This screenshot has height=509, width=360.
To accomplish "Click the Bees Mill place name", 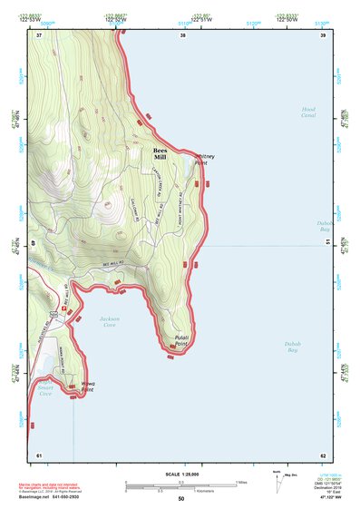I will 160,153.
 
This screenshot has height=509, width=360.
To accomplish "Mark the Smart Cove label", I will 45,391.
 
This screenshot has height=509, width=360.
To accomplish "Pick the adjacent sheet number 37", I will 39,35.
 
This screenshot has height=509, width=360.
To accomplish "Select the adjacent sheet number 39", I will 322,35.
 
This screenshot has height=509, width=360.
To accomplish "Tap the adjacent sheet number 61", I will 39,454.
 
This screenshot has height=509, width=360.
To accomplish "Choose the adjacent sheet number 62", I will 322,454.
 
